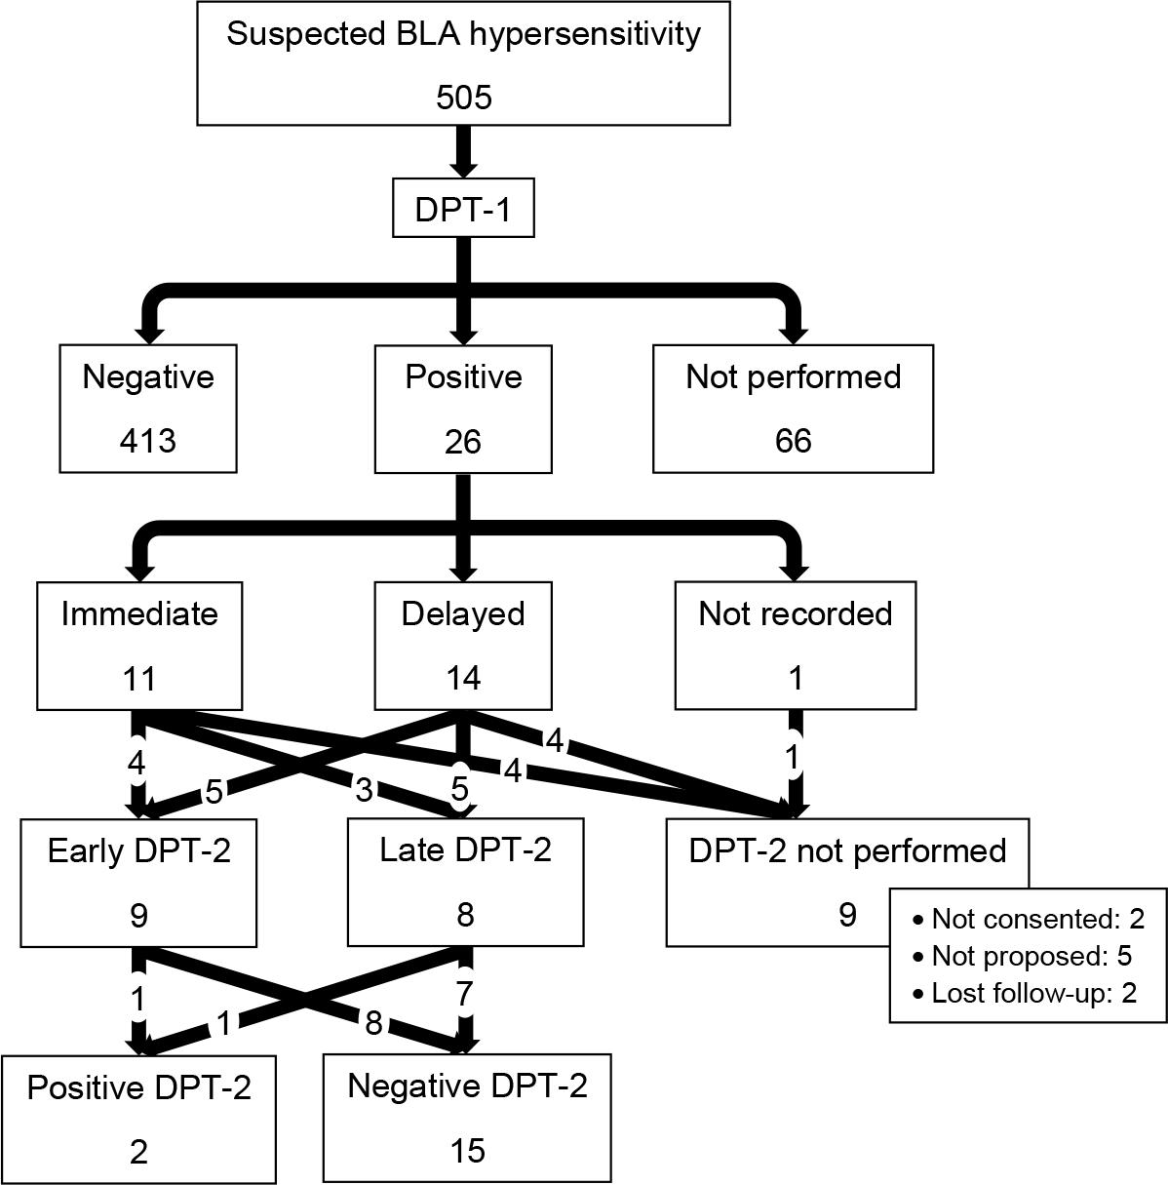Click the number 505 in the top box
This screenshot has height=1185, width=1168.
(x=463, y=98)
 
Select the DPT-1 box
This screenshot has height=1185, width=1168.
(x=463, y=209)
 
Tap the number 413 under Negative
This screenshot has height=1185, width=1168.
(x=148, y=441)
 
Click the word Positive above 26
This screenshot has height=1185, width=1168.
(x=463, y=377)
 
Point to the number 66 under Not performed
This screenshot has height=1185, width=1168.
(x=793, y=441)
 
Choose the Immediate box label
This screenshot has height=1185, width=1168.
(x=139, y=614)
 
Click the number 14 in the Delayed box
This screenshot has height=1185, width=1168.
(x=463, y=678)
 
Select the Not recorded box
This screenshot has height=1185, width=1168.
(x=795, y=645)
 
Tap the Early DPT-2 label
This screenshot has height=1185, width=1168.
(x=139, y=850)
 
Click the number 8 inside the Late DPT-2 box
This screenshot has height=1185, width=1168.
(x=465, y=915)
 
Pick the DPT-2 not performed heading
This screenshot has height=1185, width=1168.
(x=847, y=850)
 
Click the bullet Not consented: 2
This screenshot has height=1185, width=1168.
(x=1028, y=919)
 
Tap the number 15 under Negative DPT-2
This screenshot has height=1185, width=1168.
(x=468, y=1151)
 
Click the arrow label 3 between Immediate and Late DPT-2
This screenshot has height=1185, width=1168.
(x=365, y=790)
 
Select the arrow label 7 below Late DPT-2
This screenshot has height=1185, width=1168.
(x=464, y=995)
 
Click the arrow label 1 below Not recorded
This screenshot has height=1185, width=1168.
(x=795, y=757)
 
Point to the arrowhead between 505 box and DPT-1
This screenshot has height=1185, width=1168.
(x=463, y=166)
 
